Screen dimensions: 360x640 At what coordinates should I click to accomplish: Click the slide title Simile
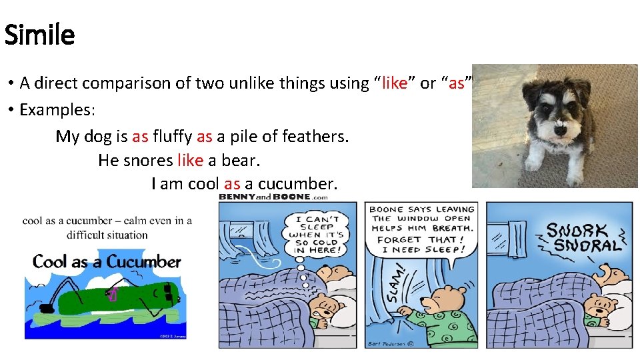pos(39,34)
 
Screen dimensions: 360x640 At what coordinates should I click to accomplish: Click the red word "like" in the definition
pos(394,83)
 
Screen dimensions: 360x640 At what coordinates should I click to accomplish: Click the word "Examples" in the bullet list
pos(59,110)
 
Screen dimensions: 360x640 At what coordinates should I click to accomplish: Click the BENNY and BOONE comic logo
pos(273,197)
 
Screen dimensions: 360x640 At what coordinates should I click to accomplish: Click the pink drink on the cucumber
pos(113,293)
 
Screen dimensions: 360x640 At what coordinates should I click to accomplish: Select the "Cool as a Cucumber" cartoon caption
pos(107,262)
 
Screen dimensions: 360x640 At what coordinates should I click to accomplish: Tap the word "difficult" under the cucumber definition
pos(87,235)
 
